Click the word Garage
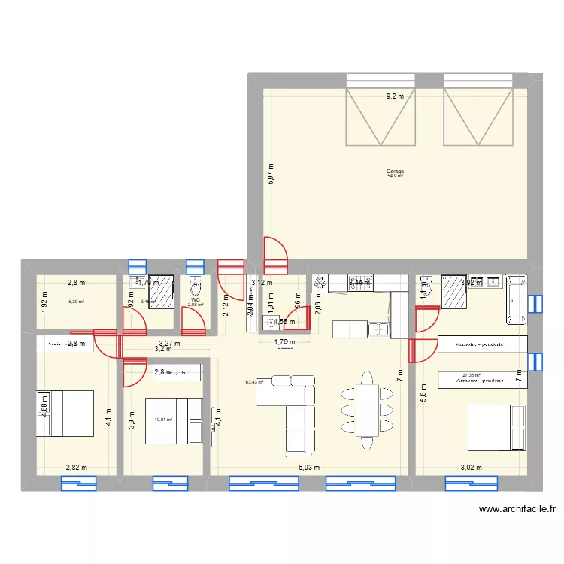395,171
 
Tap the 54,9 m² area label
395,176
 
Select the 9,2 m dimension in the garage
395,96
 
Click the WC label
196,300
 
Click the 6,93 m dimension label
308,467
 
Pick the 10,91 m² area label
163,420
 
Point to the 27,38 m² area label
472,375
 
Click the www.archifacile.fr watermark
517,509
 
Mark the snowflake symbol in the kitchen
318,283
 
